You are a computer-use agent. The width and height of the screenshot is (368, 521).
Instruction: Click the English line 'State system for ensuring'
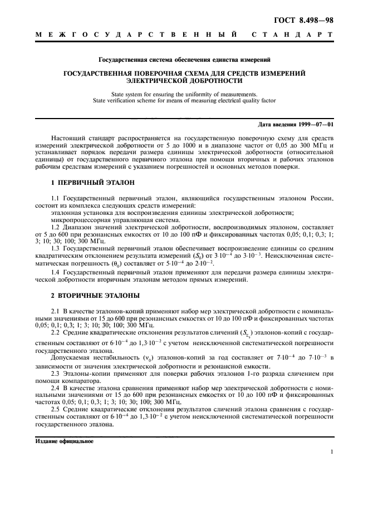click(x=184, y=94)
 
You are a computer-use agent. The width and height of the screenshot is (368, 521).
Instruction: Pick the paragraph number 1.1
click(x=55, y=198)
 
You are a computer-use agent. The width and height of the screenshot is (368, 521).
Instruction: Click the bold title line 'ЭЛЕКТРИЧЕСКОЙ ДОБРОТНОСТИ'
click(x=184, y=80)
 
